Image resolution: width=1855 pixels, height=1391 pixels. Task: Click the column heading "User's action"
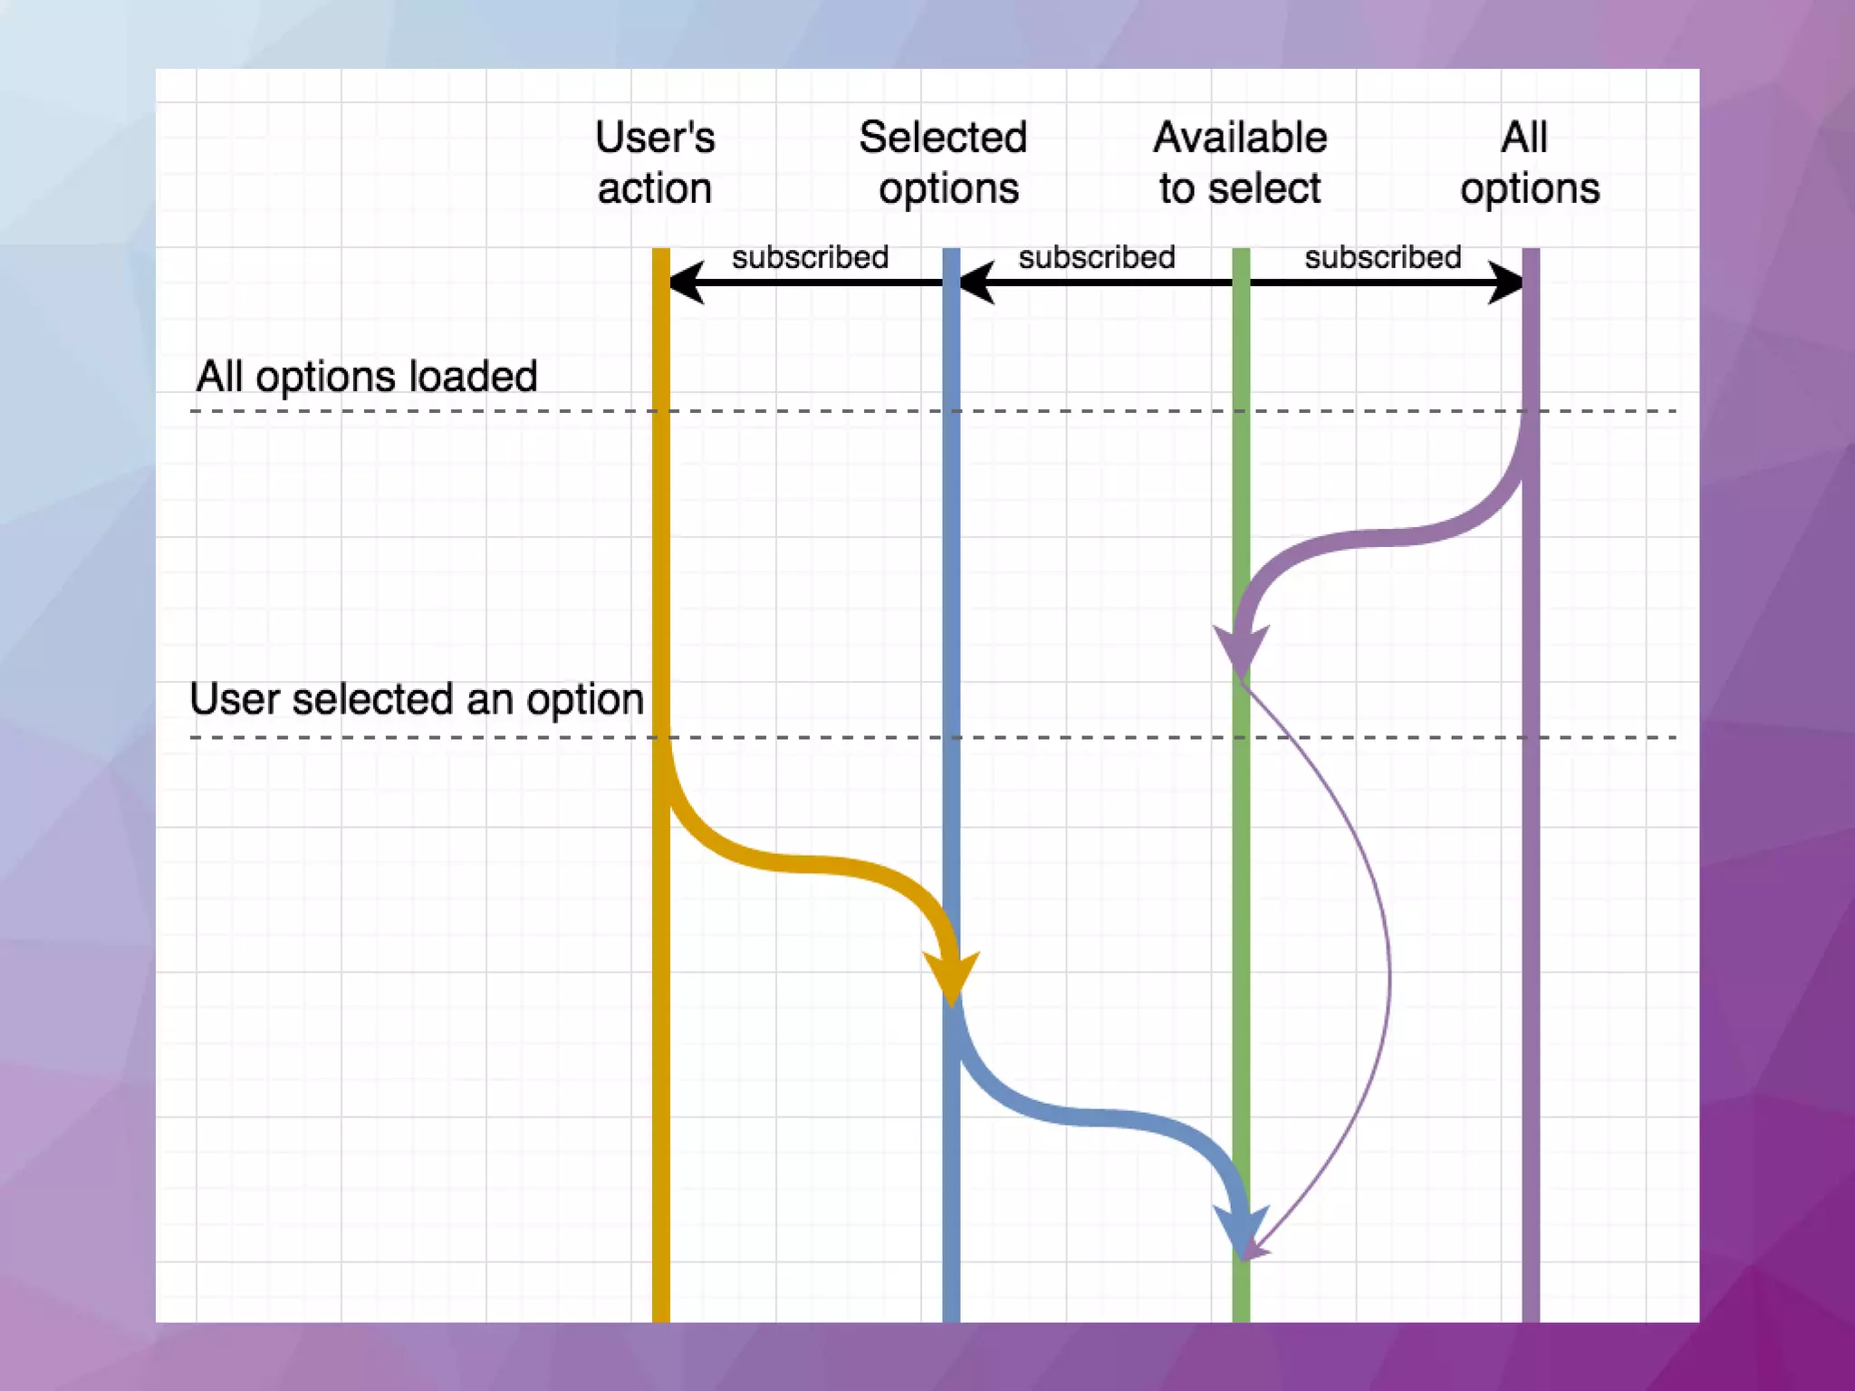655,163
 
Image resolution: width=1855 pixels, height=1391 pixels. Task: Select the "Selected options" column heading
944,163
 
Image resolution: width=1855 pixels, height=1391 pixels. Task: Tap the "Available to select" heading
1240,163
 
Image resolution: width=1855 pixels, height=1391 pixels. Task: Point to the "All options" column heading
1529,163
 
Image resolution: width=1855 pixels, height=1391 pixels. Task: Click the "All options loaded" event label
367,376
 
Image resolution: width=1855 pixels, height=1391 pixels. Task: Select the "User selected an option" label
417,699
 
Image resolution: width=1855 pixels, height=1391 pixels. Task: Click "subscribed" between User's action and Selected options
810,257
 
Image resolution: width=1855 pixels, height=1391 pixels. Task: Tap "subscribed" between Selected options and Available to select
1096,257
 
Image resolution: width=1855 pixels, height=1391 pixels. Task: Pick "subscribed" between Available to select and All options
1382,257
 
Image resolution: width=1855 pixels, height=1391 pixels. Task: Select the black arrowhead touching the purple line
1506,283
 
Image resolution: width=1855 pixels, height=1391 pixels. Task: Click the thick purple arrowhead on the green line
1240,648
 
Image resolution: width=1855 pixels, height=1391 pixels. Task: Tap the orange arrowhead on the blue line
951,976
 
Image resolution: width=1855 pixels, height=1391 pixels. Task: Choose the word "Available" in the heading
1240,138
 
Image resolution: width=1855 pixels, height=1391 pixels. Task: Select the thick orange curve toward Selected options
806,864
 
